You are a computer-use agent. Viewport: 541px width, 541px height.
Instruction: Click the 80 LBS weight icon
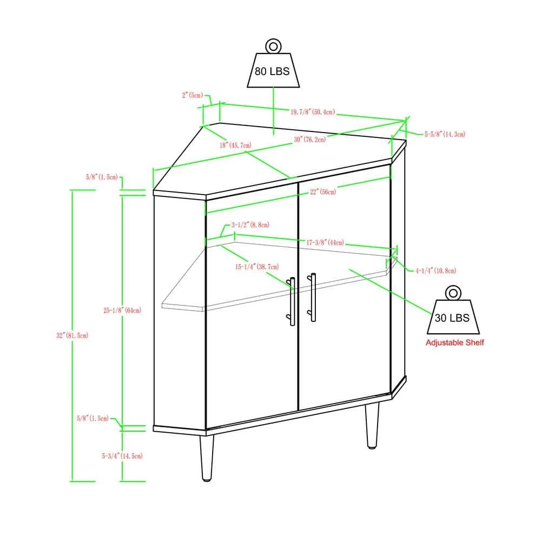coord(273,63)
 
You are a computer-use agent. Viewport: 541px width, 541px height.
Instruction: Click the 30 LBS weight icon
coord(453,310)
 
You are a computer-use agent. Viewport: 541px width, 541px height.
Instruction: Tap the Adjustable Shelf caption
coord(455,342)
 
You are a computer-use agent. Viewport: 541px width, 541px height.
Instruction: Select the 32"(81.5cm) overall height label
coord(72,335)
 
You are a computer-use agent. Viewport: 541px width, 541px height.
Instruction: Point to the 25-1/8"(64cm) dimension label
coord(122,310)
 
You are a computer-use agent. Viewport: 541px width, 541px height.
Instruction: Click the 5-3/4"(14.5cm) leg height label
coord(122,456)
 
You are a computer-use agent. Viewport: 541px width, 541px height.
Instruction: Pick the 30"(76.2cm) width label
coord(310,140)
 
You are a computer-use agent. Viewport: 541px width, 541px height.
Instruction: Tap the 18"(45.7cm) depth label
coord(236,145)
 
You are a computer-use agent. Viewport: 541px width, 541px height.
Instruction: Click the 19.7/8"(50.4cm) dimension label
coord(313,112)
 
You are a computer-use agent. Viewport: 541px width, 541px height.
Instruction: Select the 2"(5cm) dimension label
coord(193,95)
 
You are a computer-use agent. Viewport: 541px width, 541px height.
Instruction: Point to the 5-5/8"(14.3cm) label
coord(445,134)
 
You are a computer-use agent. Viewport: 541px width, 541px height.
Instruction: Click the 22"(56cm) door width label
coord(323,192)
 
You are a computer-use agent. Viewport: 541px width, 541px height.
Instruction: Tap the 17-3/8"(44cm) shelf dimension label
coord(325,242)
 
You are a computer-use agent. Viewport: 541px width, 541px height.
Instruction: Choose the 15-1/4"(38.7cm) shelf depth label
coord(257,267)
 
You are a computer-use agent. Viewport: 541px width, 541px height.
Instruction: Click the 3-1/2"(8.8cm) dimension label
coord(250,225)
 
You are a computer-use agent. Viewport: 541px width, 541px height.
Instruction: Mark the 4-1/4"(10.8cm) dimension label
coord(436,270)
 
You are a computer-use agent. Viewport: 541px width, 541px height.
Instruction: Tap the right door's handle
coord(312,297)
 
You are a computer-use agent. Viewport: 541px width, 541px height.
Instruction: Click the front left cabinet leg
coord(207,458)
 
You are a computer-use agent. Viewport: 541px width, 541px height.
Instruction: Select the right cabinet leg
coord(372,426)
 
